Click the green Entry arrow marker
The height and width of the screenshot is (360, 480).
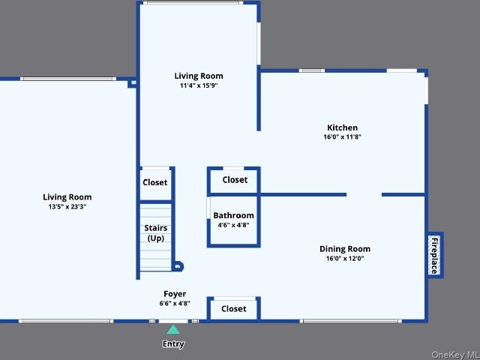coord(173,329)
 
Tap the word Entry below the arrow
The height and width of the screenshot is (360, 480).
coord(173,343)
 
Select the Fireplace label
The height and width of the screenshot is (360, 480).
coord(435,255)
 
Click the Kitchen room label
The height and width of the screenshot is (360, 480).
coord(342,127)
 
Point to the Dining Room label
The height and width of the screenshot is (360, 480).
coord(345,249)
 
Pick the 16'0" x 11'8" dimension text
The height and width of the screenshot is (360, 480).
coord(342,136)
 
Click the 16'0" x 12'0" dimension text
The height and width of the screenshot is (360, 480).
coord(345,258)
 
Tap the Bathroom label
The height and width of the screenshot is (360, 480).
coord(233,215)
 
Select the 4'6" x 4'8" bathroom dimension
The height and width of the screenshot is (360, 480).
coord(233,225)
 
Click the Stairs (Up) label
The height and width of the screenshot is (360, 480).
coord(156,233)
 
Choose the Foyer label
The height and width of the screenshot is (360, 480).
coord(175,294)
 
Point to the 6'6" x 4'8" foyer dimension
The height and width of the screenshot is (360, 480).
coord(175,303)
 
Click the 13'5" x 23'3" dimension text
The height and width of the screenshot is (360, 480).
coord(67,207)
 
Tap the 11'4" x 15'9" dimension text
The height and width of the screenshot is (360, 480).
coord(199,85)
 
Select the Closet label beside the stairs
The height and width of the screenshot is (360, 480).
coord(155,182)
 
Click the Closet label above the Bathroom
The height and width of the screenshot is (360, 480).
coord(235,180)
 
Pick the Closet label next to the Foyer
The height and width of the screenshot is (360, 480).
coord(233,308)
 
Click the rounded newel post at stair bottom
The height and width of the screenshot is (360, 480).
coord(178,267)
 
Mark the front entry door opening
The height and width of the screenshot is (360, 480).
coord(173,321)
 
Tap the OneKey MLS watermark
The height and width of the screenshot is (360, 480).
coord(455,355)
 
